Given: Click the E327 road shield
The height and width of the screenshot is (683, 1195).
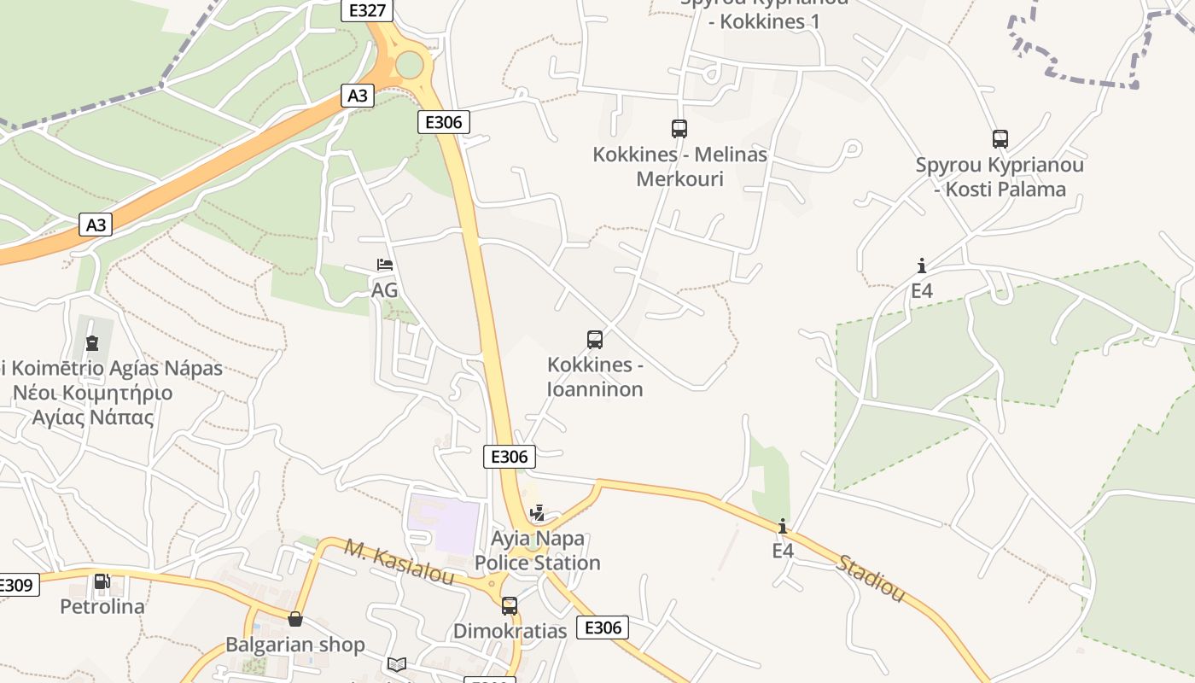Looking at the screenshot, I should [x=367, y=10].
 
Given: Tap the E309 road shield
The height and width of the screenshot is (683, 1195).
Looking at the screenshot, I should [x=15, y=585].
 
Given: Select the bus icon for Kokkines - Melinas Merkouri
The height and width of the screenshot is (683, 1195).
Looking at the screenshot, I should [x=679, y=129].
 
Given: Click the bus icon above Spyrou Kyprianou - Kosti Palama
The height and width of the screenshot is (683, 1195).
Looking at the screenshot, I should [x=1000, y=139].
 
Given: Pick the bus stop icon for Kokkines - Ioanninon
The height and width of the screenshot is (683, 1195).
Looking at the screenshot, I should [x=595, y=340].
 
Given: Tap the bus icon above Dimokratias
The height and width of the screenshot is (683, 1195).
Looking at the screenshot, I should [x=510, y=606].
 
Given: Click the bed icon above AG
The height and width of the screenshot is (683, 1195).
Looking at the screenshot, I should [x=385, y=265].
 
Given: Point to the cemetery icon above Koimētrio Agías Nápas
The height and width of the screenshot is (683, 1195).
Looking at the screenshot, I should [x=92, y=343].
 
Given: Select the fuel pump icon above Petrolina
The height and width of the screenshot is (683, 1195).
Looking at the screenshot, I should [x=102, y=582].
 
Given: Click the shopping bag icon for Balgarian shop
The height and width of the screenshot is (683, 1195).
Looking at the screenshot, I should [x=295, y=619].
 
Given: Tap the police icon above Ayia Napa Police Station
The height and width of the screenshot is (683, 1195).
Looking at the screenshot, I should [x=537, y=513].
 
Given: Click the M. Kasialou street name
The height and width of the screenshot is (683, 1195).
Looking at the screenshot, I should [x=399, y=561].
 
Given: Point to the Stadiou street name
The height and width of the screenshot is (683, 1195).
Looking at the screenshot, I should [x=870, y=578].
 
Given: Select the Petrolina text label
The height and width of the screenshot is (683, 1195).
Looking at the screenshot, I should [x=102, y=607].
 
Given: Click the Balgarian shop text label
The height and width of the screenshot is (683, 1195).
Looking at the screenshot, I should [x=295, y=645].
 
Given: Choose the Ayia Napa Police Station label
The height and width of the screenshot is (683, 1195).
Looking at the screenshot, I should [x=538, y=551].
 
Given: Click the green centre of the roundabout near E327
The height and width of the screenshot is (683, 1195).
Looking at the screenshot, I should [x=410, y=64].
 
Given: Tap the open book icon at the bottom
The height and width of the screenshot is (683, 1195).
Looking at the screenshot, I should [x=397, y=664].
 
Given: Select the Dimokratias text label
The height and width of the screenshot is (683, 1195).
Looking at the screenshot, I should [x=510, y=631].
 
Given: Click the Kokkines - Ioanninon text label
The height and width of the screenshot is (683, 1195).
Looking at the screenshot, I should [x=595, y=377].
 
